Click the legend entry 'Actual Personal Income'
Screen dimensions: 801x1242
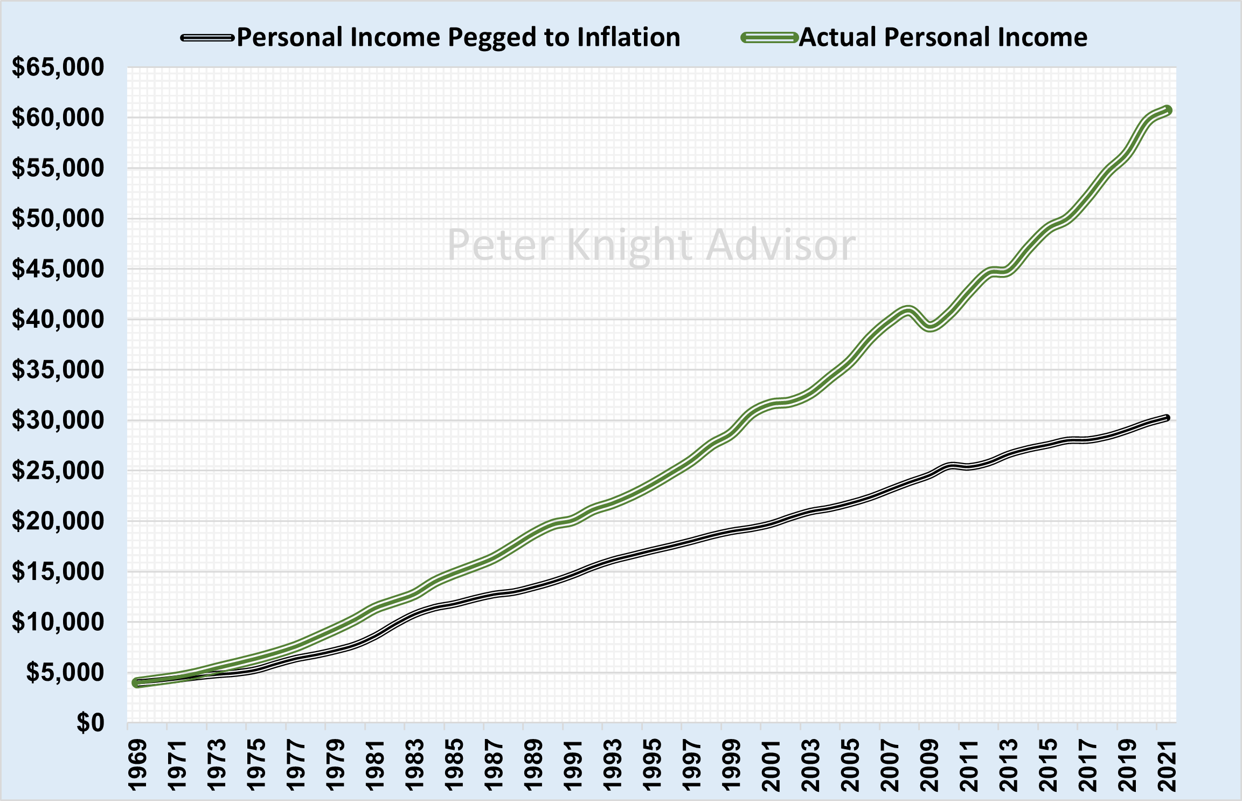(942, 38)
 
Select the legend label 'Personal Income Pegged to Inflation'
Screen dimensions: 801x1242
(458, 38)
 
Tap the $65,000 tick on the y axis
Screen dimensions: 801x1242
(58, 67)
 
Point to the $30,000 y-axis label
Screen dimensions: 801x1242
(58, 420)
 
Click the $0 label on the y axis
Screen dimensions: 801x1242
(90, 723)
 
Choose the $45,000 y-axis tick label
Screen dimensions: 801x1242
(58, 269)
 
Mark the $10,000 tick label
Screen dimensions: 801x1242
(58, 622)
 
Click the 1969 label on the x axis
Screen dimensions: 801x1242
(137, 765)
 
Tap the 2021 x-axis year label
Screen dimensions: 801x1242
(1167, 765)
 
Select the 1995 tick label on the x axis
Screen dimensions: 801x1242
(653, 765)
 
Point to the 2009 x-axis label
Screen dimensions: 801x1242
(929, 765)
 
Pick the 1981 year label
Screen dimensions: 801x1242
(375, 765)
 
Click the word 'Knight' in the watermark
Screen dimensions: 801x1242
(629, 245)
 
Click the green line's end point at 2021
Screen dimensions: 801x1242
(1167, 111)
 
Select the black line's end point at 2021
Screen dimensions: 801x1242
(1167, 418)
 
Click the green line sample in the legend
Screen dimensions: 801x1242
(769, 38)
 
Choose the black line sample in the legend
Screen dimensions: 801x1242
(207, 38)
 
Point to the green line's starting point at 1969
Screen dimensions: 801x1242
(136, 683)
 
